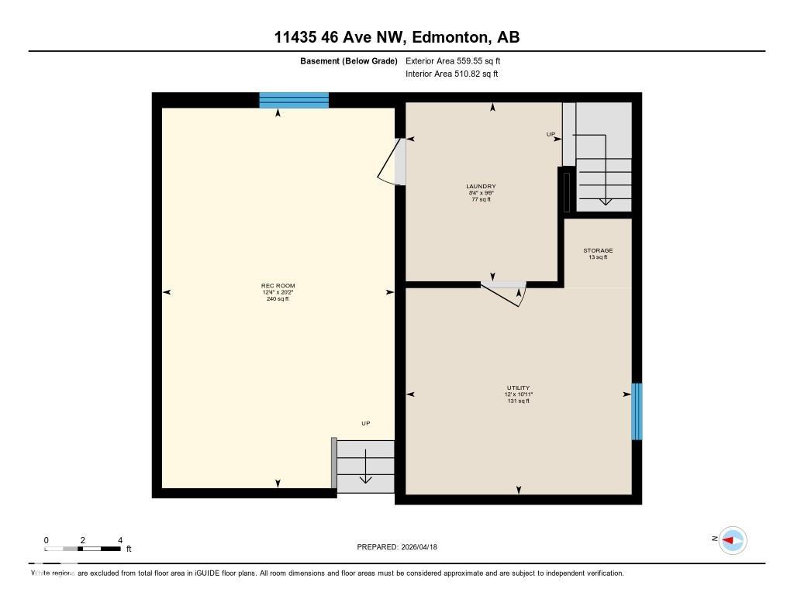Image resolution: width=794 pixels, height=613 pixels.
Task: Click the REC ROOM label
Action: coord(278,286)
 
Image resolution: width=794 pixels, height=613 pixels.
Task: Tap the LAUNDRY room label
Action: coord(481,187)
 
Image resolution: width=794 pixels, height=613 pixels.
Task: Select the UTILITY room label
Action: coord(518,387)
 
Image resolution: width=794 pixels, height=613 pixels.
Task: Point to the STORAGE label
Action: coord(598,250)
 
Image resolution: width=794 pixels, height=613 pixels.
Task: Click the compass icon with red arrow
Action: coord(732,540)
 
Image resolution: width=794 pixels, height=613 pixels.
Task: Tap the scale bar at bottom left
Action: coord(83,549)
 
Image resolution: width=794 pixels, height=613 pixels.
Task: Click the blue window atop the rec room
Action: coord(294,100)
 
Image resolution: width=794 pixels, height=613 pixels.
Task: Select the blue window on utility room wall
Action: coord(637,411)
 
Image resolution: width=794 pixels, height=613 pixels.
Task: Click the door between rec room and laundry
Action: coord(392,162)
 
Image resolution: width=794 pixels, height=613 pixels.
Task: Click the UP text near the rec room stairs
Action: coord(366,423)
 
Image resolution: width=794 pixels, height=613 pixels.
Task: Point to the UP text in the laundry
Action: coord(551,134)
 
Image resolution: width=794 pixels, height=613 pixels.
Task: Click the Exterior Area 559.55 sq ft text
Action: coord(458,60)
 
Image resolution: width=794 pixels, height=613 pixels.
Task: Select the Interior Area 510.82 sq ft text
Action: coord(451,74)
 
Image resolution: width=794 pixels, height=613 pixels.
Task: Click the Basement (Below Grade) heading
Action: coord(349,60)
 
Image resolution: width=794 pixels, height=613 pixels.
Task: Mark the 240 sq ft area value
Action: coord(278,298)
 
